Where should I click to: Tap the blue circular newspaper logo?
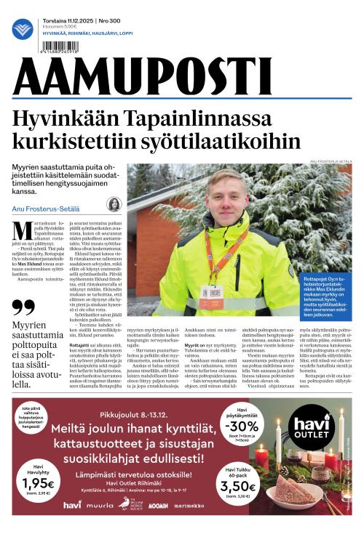(x=23, y=30)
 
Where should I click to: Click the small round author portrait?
(x=114, y=204)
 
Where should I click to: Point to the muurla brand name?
(x=100, y=505)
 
